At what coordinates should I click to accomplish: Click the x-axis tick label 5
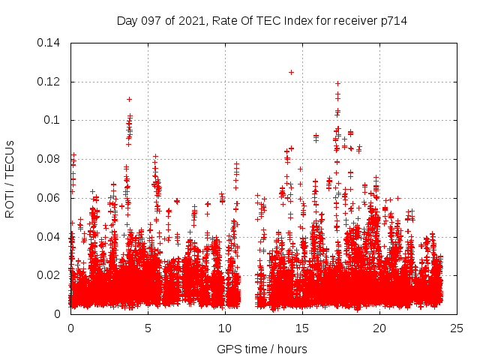pyautogui.click(x=148, y=328)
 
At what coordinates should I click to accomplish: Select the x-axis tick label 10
pyautogui.click(x=225, y=328)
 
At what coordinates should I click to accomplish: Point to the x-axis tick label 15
pyautogui.click(x=302, y=328)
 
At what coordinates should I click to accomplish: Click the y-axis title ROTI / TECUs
pyautogui.click(x=10, y=178)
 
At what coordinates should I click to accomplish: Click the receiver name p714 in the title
pyautogui.click(x=393, y=21)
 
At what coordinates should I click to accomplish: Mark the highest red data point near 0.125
pyautogui.click(x=291, y=72)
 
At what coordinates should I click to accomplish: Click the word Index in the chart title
pyautogui.click(x=294, y=21)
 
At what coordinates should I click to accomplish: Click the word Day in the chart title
pyautogui.click(x=128, y=21)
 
